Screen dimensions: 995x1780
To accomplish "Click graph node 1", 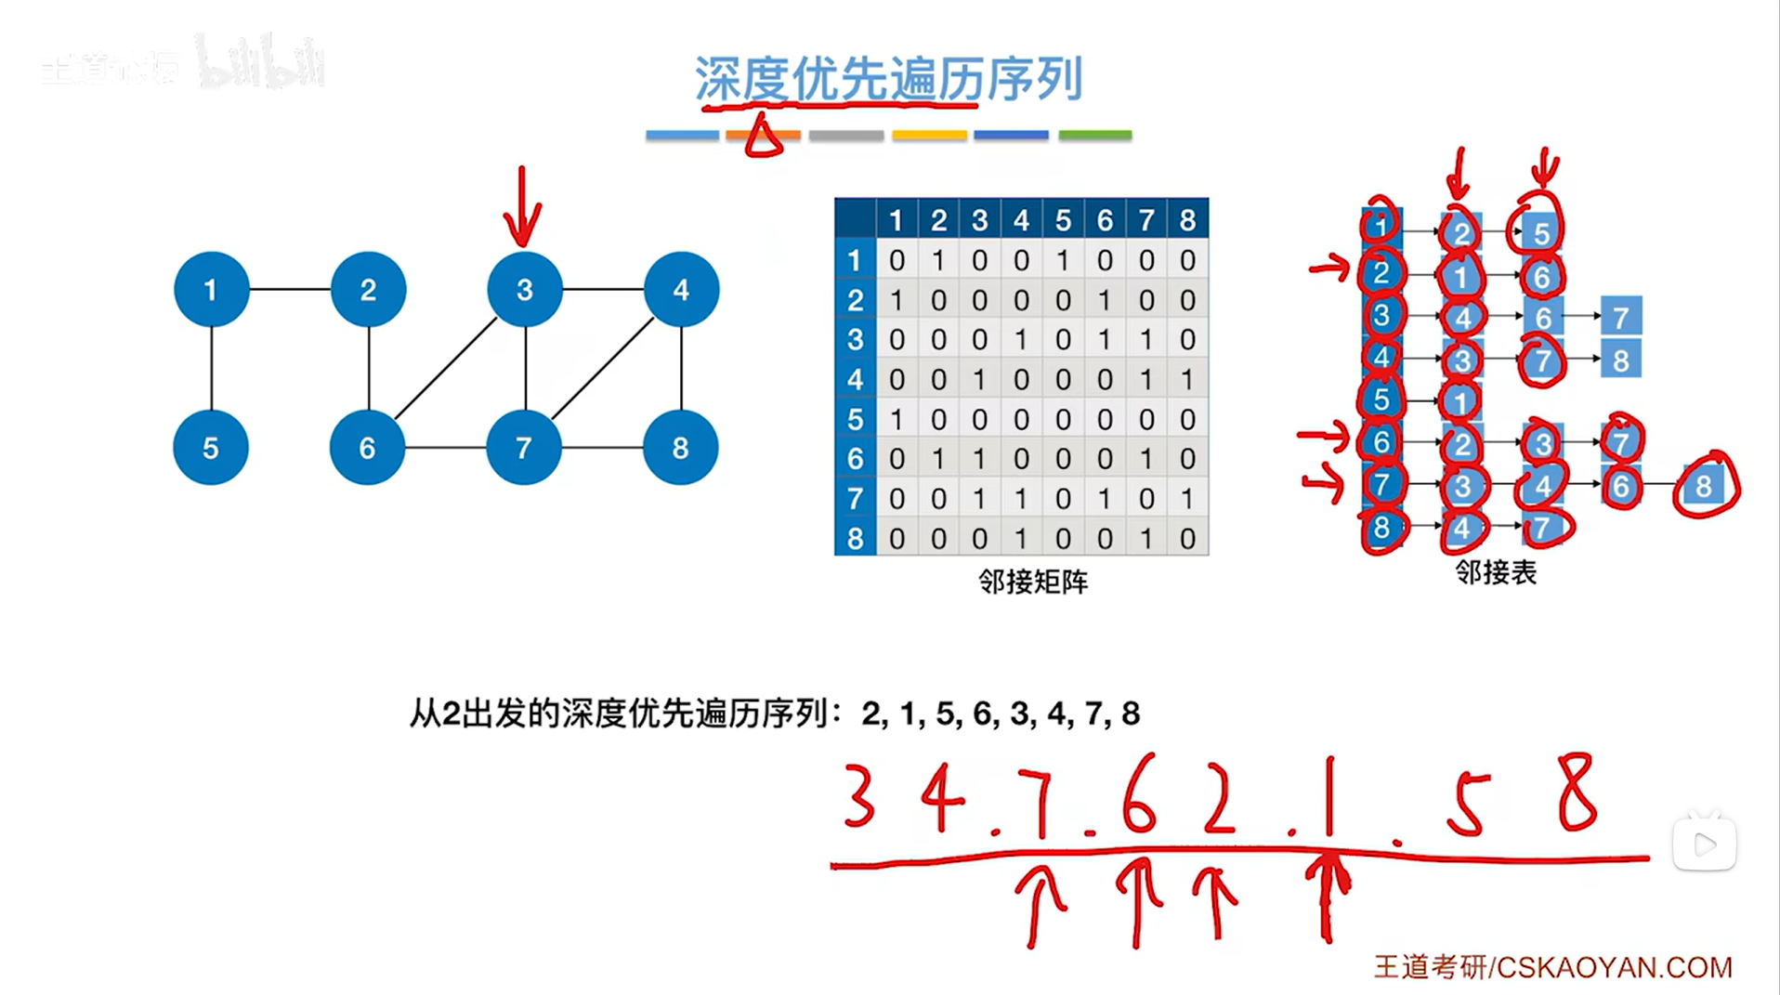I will point(211,289).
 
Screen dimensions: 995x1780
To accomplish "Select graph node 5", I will point(210,447).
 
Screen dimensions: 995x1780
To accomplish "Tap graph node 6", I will point(367,447).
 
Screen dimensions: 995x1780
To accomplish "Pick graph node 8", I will point(680,447).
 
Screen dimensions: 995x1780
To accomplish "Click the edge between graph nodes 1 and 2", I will point(290,289).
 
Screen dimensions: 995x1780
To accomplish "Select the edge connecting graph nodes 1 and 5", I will point(211,368).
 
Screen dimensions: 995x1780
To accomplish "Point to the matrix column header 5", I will point(1063,220).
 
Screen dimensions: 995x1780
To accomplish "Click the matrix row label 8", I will point(855,538).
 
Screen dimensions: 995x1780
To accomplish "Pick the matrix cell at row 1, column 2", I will point(938,260).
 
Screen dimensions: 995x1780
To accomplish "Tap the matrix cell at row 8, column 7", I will point(1146,538).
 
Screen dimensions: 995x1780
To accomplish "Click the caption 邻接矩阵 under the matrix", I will point(1032,582).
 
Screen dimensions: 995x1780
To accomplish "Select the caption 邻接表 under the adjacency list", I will point(1495,572).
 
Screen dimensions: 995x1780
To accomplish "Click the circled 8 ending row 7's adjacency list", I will point(1703,485).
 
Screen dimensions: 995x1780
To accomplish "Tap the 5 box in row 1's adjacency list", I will point(1541,232).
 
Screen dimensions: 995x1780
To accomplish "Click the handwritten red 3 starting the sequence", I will point(859,796).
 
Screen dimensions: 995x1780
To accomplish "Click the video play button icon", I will point(1704,844).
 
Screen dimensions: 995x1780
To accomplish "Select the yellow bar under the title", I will point(929,136).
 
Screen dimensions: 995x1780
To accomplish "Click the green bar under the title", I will point(1095,136).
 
